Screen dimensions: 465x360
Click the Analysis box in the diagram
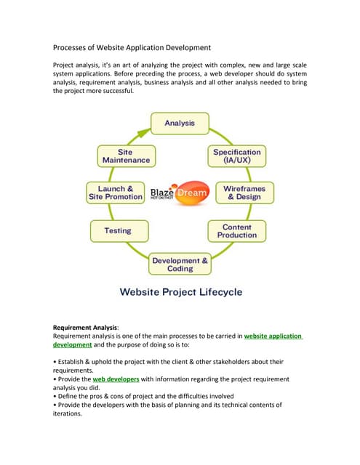[179, 124]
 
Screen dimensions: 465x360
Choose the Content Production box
[238, 231]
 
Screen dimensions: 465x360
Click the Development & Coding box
[180, 264]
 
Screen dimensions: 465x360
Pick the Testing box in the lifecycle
[118, 231]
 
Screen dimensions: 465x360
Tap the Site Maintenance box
[124, 156]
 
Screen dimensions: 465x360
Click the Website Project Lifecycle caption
[181, 293]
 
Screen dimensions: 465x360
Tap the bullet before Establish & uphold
[56, 361]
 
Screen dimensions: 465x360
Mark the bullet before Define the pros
[56, 397]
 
